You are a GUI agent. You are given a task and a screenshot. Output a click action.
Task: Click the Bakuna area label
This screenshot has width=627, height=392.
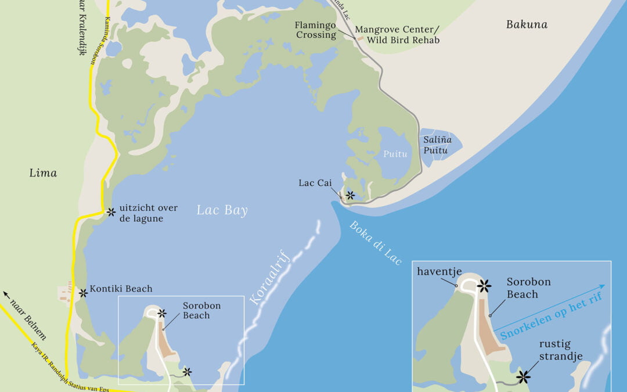(x=527, y=24)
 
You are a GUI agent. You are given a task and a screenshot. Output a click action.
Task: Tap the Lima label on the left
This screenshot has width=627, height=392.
(x=43, y=173)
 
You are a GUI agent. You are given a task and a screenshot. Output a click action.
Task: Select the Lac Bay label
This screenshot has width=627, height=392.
(x=222, y=210)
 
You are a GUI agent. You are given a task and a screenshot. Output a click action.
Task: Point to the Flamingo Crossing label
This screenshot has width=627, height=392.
(x=315, y=30)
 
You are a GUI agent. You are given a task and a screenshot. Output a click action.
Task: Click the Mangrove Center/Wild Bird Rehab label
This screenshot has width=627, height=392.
(x=397, y=34)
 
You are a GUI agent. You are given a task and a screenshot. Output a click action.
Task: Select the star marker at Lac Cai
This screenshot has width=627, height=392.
(x=350, y=196)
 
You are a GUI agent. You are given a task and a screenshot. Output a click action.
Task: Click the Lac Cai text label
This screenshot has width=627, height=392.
(x=315, y=183)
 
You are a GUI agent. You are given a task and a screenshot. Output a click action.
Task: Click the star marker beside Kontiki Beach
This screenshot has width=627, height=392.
(x=83, y=293)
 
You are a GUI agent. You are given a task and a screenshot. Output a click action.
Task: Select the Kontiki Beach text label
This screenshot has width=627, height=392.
(x=121, y=289)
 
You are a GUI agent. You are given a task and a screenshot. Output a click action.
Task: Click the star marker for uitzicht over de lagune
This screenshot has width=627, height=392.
(x=110, y=212)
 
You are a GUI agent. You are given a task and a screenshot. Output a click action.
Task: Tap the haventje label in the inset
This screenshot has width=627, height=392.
(x=439, y=271)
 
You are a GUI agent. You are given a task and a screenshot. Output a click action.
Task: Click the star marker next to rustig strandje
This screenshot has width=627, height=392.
(x=524, y=377)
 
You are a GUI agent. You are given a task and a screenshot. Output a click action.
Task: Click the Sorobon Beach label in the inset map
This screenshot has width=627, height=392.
(x=528, y=288)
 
